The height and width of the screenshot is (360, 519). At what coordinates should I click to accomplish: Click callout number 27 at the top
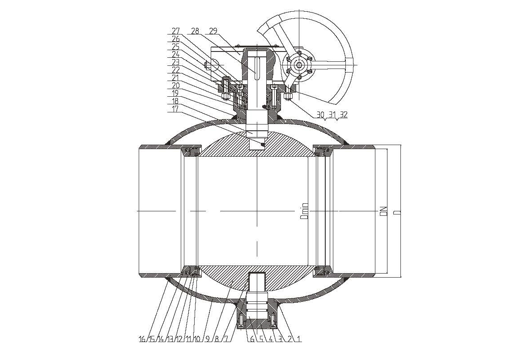175,31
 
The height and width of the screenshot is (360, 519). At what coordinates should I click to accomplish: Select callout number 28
195,31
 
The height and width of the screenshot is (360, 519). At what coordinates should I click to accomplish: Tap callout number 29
213,31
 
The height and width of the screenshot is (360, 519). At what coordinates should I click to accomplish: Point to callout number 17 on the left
175,108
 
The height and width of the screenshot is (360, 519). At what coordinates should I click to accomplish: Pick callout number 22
175,69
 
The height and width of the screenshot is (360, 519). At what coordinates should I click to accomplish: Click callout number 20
175,85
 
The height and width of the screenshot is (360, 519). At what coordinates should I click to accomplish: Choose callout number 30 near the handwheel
320,115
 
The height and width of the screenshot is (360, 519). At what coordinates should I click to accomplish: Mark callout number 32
344,115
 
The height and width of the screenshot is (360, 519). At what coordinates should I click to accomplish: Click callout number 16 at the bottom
142,339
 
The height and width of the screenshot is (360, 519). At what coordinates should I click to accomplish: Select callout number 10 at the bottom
197,339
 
